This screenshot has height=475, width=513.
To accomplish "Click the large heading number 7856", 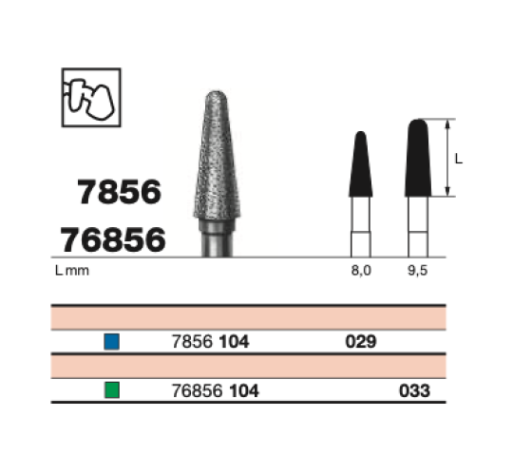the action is pyautogui.click(x=119, y=192).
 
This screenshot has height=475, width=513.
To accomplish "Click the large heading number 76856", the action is pyautogui.click(x=113, y=240).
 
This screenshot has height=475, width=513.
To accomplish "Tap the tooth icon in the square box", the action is pyautogui.click(x=91, y=98).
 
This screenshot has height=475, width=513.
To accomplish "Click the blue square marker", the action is pyautogui.click(x=111, y=342).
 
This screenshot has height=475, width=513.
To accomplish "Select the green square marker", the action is pyautogui.click(x=112, y=389).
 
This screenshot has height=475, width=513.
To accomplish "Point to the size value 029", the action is pyautogui.click(x=361, y=342).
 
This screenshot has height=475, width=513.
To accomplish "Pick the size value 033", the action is pyautogui.click(x=414, y=390).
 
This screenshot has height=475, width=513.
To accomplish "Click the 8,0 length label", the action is pyautogui.click(x=361, y=271).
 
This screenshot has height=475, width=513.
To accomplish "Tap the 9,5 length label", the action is pyautogui.click(x=417, y=271).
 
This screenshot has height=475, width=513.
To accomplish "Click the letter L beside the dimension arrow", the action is pyautogui.click(x=459, y=159).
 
